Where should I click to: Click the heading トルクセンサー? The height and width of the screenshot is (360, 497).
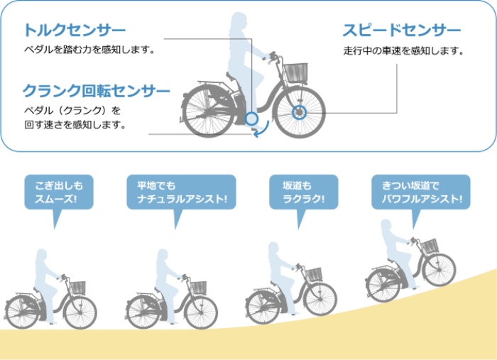pyautogui.click(x=75, y=30)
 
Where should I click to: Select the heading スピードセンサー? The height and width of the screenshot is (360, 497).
pyautogui.click(x=402, y=31)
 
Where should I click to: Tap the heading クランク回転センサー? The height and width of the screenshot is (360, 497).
pyautogui.click(x=97, y=91)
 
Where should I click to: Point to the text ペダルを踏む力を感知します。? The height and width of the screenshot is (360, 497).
pyautogui.click(x=89, y=50)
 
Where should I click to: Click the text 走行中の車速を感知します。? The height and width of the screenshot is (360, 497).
pyautogui.click(x=403, y=50)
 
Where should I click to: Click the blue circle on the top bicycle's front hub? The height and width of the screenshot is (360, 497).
pyautogui.click(x=299, y=112)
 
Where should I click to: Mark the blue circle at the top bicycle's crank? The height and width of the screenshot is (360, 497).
pyautogui.click(x=251, y=119)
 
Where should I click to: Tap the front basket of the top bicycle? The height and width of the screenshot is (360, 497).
pyautogui.click(x=295, y=72)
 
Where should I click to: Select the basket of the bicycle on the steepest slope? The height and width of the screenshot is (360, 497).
pyautogui.click(x=430, y=246)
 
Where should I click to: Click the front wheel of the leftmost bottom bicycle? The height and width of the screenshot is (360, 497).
pyautogui.click(x=80, y=312)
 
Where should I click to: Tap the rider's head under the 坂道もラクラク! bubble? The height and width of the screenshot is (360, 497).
pyautogui.click(x=274, y=249)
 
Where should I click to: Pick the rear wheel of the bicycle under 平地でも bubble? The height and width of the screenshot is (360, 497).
pyautogui.click(x=142, y=312)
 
